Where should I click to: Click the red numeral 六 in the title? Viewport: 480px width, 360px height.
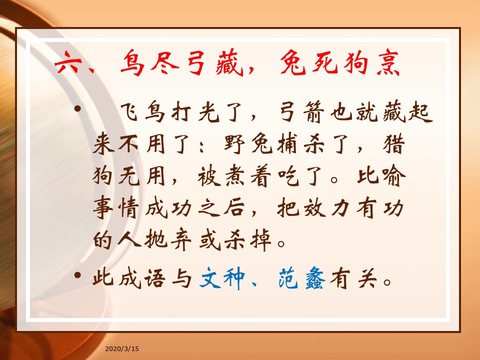(x=68, y=62)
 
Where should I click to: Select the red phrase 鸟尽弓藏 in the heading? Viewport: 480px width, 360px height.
(x=181, y=62)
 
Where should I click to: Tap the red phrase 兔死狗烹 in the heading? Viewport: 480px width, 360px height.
(x=339, y=62)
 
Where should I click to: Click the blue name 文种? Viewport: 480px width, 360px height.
(x=222, y=277)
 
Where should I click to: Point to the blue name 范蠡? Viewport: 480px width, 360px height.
(x=302, y=277)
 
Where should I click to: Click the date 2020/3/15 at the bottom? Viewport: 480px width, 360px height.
(x=122, y=348)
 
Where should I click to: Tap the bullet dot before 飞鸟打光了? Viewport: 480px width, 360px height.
(x=78, y=108)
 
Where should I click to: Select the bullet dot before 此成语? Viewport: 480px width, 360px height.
(x=78, y=274)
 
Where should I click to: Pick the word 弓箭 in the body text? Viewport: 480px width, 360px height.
(x=302, y=112)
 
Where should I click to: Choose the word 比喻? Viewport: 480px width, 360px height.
(x=381, y=176)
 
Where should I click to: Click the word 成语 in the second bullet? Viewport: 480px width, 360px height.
(x=142, y=277)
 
